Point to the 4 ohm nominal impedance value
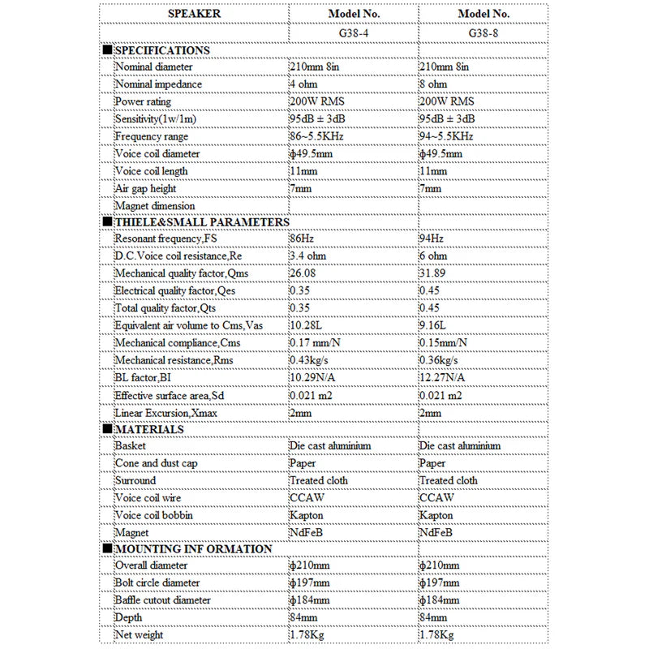pos(303,84)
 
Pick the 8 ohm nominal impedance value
pos(433,84)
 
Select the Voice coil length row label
pos(152,171)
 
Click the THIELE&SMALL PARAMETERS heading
pos(201,221)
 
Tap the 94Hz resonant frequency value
pos(432,239)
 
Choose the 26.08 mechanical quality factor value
pos(303,273)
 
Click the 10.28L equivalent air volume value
pos(305,325)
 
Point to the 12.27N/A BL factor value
pos(443,377)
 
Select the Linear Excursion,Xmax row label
pos(166,411)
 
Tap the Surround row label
pos(135,480)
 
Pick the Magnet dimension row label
pos(154,206)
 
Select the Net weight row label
pos(139,634)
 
